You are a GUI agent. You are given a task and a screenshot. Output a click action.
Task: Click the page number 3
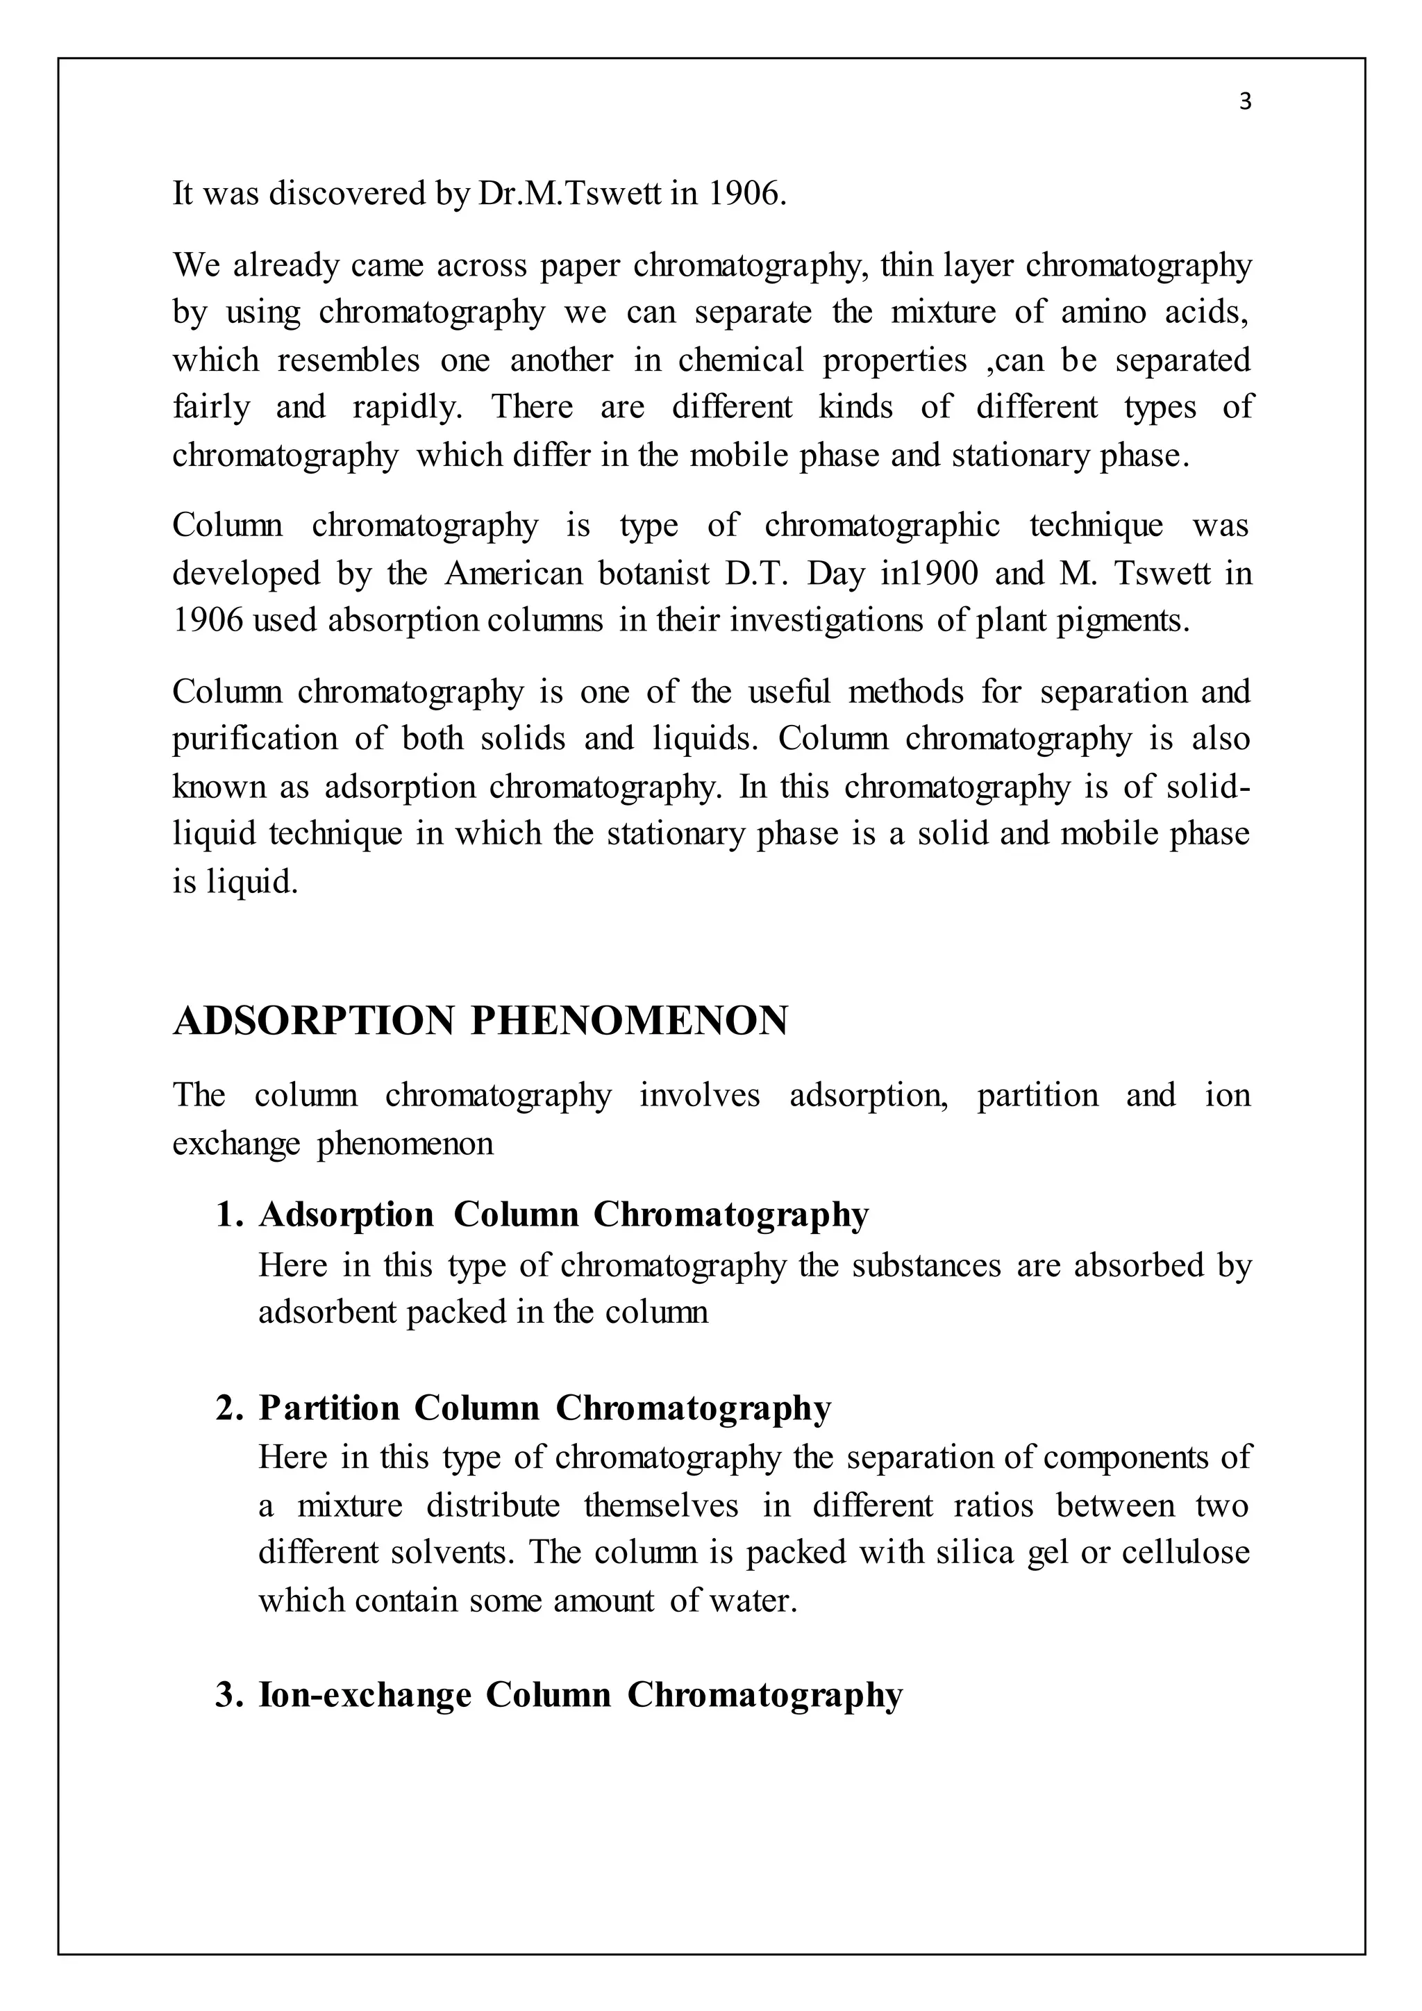pyautogui.click(x=1245, y=103)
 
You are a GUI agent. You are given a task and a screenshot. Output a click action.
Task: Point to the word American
pyautogui.click(x=513, y=574)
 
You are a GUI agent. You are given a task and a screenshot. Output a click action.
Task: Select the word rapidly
pyautogui.click(x=407, y=408)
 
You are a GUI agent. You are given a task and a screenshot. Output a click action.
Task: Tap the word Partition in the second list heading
pyautogui.click(x=329, y=1408)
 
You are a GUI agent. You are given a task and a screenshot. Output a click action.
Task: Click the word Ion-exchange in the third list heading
pyautogui.click(x=365, y=1695)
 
